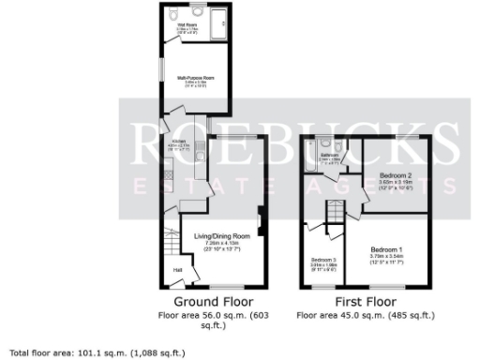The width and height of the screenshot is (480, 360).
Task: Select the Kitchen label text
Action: point(179,142)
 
